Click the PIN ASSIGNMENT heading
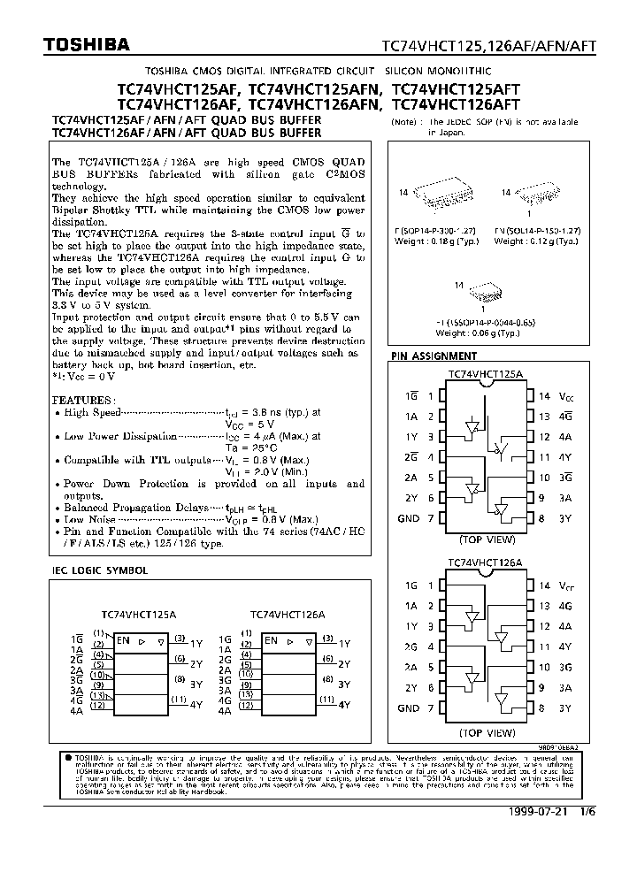(434, 356)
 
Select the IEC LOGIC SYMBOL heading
(100, 571)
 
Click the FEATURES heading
(81, 400)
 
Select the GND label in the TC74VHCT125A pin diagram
(408, 519)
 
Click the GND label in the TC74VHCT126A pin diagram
(408, 708)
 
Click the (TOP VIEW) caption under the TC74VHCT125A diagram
(486, 539)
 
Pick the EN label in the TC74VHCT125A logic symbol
(122, 640)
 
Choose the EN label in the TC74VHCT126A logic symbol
(271, 640)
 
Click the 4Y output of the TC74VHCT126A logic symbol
(344, 705)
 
